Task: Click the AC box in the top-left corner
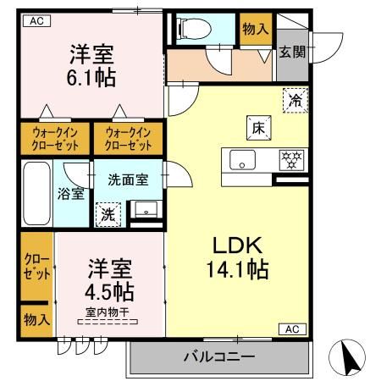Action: (36, 21)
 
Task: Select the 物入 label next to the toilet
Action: (255, 28)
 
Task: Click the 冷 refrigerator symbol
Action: (295, 98)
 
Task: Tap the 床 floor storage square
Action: (258, 127)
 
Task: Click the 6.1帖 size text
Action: (92, 79)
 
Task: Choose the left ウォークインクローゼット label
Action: (55, 138)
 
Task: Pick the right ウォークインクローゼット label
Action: (126, 138)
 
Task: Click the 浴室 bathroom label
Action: (71, 193)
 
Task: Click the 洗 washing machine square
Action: (108, 214)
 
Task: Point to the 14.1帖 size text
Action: (240, 270)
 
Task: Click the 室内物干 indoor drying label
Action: (108, 314)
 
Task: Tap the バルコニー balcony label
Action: (218, 356)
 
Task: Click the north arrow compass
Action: (352, 357)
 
